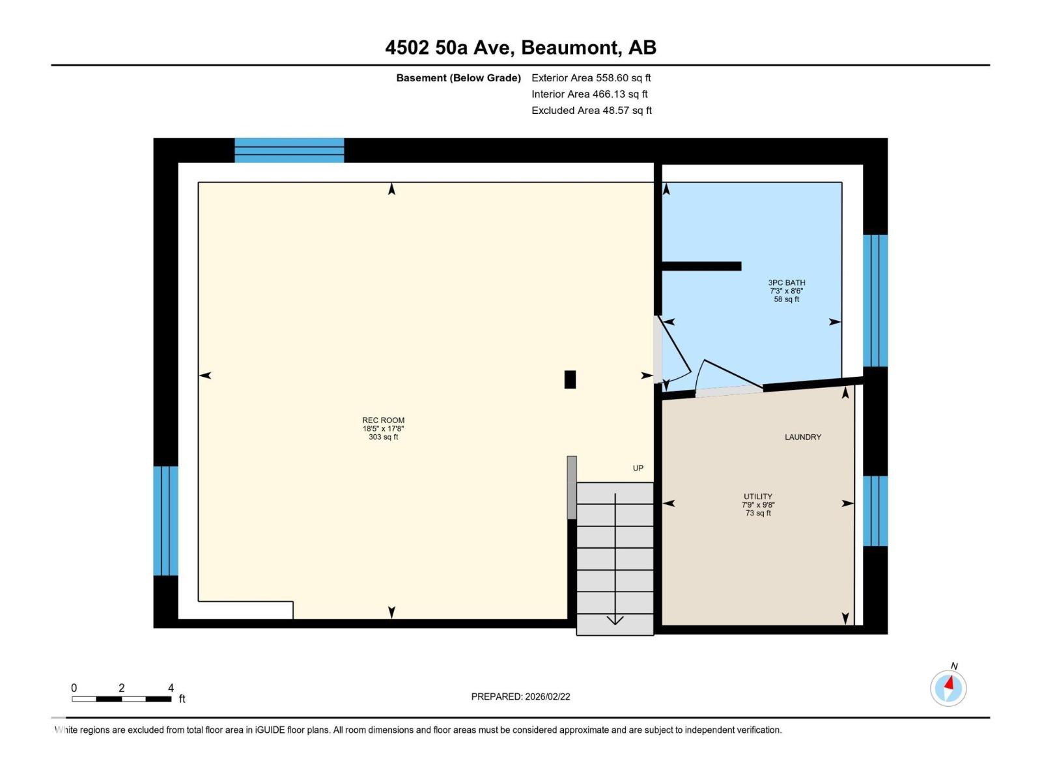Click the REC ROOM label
383,420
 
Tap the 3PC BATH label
786,282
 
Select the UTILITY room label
757,497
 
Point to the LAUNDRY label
802,437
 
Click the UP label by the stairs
638,468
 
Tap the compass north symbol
948,687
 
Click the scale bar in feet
122,699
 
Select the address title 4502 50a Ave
520,48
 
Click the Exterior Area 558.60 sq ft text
591,78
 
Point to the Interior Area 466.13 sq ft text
589,94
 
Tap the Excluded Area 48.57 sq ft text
591,111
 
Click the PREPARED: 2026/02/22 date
520,696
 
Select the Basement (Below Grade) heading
458,78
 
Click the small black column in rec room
570,379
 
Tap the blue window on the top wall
289,150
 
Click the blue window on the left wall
165,521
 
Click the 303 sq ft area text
383,437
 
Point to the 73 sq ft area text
757,514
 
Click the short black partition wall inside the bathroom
701,266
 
